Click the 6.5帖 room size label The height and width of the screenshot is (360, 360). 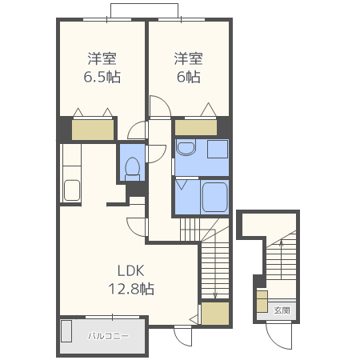pyautogui.click(x=102, y=77)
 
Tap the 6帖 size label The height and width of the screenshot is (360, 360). pyautogui.click(x=188, y=77)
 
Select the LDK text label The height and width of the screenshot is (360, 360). pyautogui.click(x=131, y=270)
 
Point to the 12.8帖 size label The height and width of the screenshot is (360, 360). pyautogui.click(x=131, y=289)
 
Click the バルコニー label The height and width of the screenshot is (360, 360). pyautogui.click(x=108, y=336)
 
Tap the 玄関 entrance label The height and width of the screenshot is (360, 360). pyautogui.click(x=282, y=310)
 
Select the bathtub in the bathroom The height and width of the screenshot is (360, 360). pyautogui.click(x=214, y=197)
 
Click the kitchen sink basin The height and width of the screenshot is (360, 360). pyautogui.click(x=72, y=190)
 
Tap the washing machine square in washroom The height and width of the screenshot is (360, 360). pyautogui.click(x=218, y=149)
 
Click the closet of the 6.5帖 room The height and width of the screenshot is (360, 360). pyautogui.click(x=93, y=130)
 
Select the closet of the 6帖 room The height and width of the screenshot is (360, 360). pyautogui.click(x=196, y=128)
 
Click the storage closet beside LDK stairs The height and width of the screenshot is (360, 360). pyautogui.click(x=215, y=314)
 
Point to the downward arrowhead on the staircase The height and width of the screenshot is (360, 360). pyautogui.click(x=215, y=295)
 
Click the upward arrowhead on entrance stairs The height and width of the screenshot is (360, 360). pyautogui.click(x=281, y=242)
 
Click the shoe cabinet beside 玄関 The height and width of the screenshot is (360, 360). pyautogui.click(x=262, y=302)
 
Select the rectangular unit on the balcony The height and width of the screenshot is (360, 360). pyautogui.click(x=66, y=331)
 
